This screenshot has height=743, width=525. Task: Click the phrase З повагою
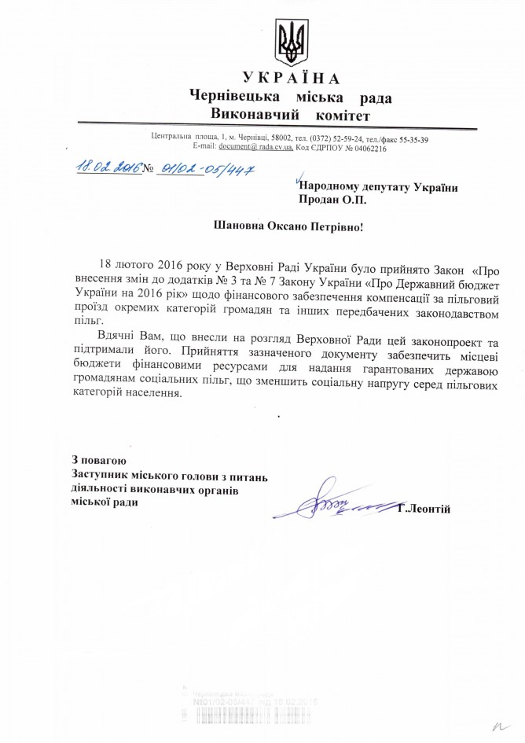click(97, 460)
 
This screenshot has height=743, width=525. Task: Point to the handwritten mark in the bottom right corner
click(498, 724)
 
